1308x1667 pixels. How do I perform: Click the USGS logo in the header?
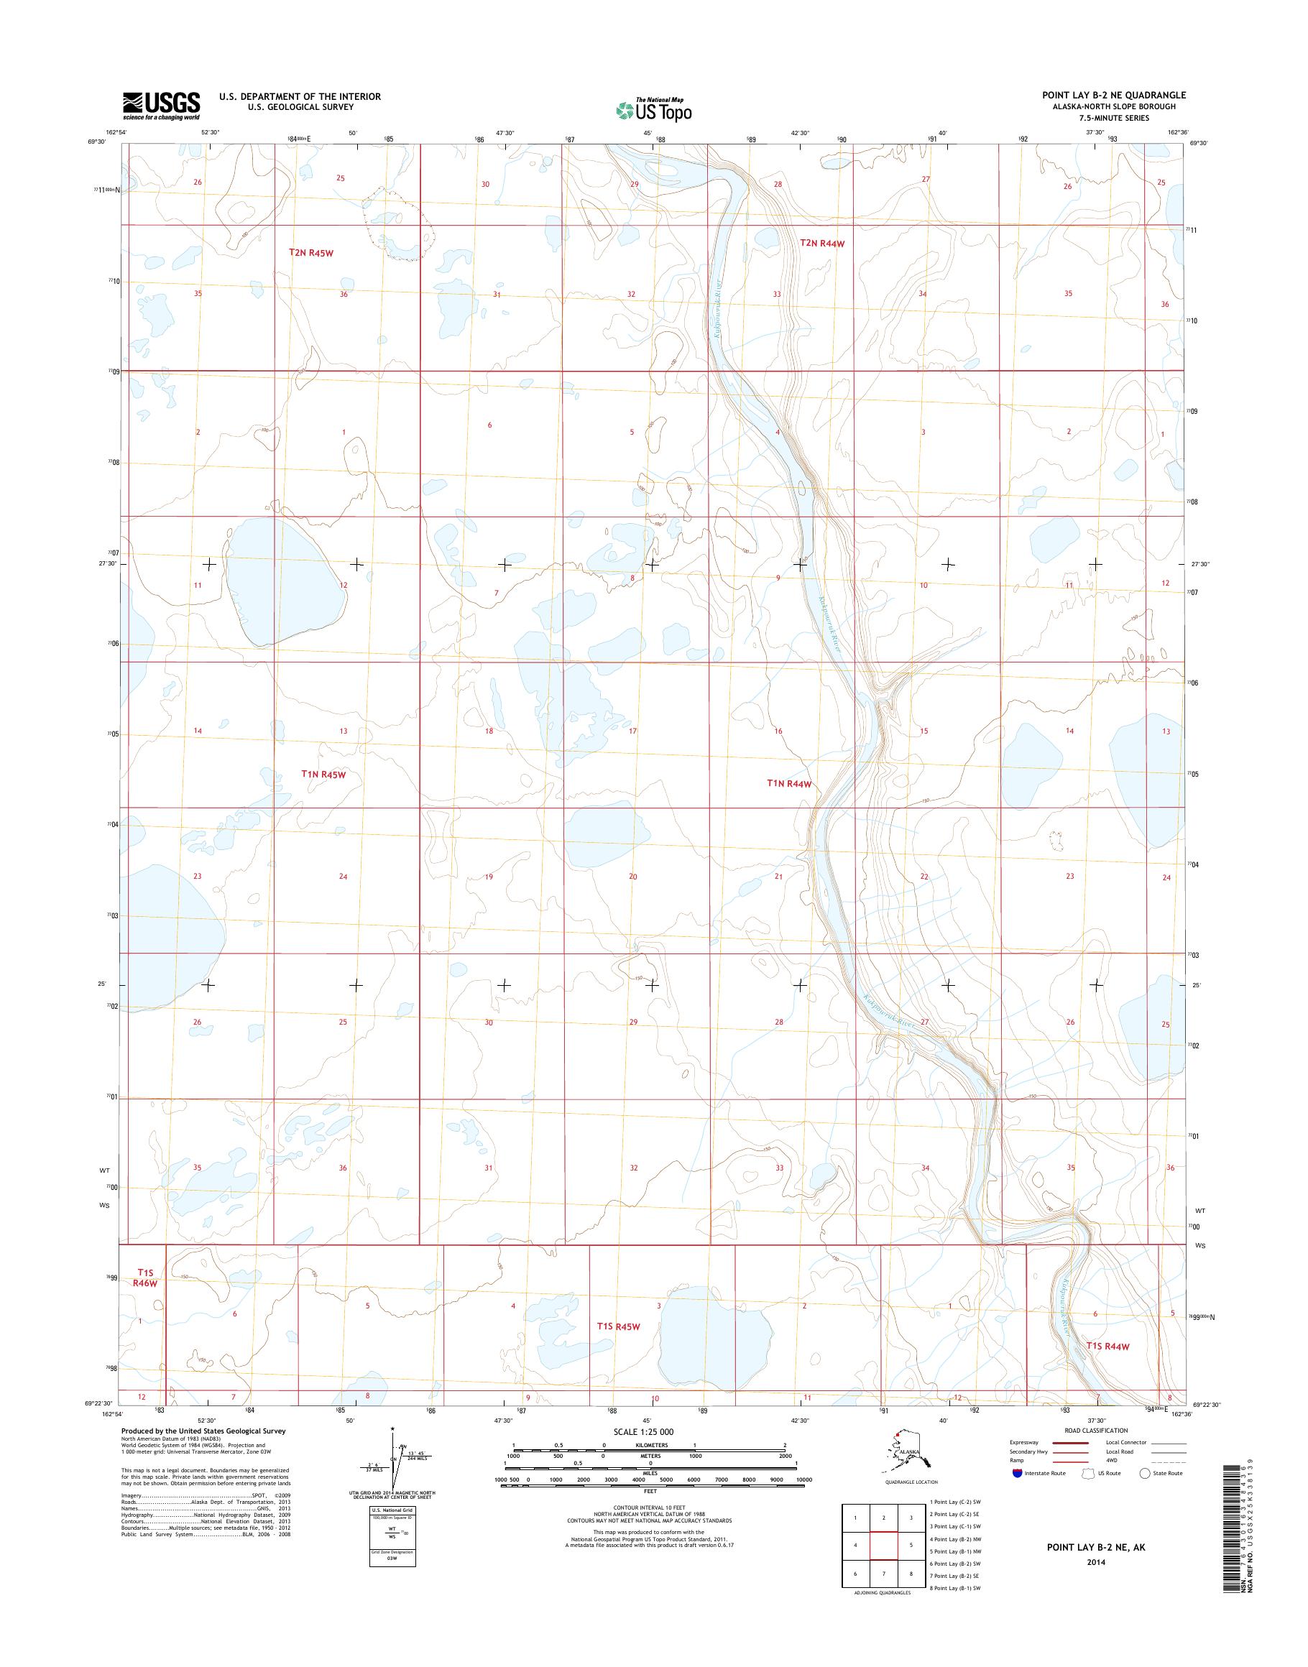(x=162, y=106)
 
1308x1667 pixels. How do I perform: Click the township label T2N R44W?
(x=821, y=244)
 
